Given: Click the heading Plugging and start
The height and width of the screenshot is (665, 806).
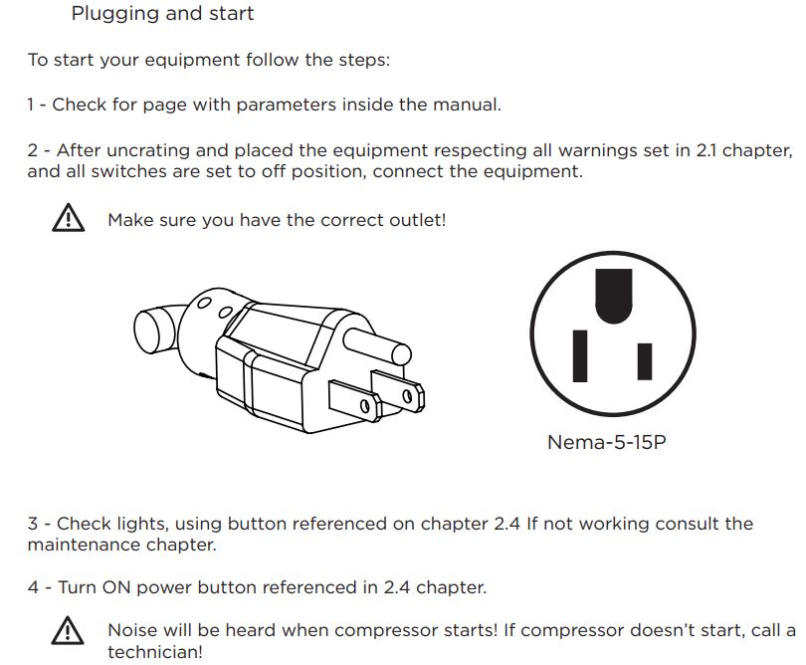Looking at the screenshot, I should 162,14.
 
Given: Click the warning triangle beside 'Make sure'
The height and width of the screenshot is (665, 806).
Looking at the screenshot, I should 67,219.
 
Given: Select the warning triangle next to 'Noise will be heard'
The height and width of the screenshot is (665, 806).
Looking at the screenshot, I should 67,630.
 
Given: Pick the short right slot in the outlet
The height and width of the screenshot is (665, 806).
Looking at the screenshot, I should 645,362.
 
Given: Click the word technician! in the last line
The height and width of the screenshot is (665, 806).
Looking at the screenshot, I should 154,652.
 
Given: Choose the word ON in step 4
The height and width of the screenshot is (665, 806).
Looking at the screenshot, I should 113,587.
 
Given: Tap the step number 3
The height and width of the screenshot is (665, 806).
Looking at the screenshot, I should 33,524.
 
